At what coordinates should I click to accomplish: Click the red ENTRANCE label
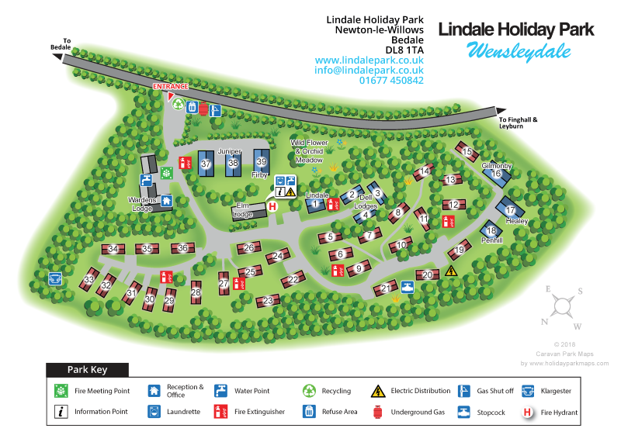tap(169, 87)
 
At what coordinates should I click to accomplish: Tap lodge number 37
tap(206, 164)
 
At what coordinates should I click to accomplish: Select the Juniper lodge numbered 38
tap(232, 163)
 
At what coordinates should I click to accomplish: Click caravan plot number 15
tap(467, 153)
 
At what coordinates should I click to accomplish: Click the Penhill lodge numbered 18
tap(491, 230)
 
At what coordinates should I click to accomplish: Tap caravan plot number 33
tap(89, 279)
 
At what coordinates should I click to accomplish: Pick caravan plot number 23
tap(268, 300)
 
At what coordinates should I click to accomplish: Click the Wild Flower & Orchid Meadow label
tap(310, 151)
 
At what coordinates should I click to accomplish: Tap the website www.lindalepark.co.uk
tap(369, 60)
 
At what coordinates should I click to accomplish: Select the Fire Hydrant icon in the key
tap(528, 412)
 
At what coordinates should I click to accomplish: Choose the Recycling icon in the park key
tap(309, 391)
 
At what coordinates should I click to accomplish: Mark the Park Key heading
tap(87, 370)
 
